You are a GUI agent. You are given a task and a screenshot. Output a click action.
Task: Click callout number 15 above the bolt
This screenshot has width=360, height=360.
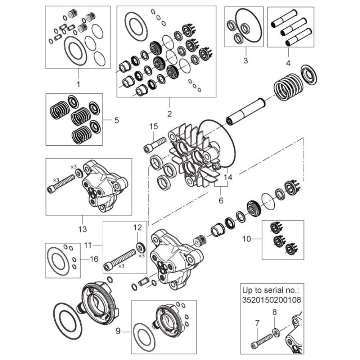coord(154,126)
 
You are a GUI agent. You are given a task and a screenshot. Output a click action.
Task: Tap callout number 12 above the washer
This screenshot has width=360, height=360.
coord(138,228)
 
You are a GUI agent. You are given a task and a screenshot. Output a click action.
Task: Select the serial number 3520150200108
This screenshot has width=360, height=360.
coord(271,300)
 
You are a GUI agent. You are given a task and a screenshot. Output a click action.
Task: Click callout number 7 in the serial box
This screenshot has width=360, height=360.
coord(257,323)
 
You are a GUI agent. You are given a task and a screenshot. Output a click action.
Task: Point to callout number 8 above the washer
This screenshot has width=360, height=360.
coord(275,312)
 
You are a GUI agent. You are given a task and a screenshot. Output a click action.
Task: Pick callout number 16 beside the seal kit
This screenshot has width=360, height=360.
coord(94,259)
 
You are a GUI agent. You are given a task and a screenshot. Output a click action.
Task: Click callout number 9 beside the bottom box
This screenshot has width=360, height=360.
coord(118,331)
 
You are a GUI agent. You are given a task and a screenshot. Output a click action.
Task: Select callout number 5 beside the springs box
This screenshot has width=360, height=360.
coord(117,120)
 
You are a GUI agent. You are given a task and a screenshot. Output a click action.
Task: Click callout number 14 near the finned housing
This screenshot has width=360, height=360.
coord(228,177)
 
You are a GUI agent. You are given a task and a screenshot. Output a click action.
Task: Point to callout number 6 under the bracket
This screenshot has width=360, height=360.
coord(221,201)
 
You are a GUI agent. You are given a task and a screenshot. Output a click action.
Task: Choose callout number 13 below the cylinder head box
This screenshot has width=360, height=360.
coord(82,229)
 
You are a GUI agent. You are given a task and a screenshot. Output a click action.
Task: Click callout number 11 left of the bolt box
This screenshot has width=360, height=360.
coord(88,245)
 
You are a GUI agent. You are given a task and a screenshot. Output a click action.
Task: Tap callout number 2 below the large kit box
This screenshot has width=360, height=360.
coord(170,114)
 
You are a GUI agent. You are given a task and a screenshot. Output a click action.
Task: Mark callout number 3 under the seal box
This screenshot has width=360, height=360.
coord(246,60)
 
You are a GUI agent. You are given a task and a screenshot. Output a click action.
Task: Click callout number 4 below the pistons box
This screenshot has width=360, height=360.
coord(288,63)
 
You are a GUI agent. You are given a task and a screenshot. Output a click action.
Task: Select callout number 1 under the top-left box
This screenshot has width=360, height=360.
coord(78,84)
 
